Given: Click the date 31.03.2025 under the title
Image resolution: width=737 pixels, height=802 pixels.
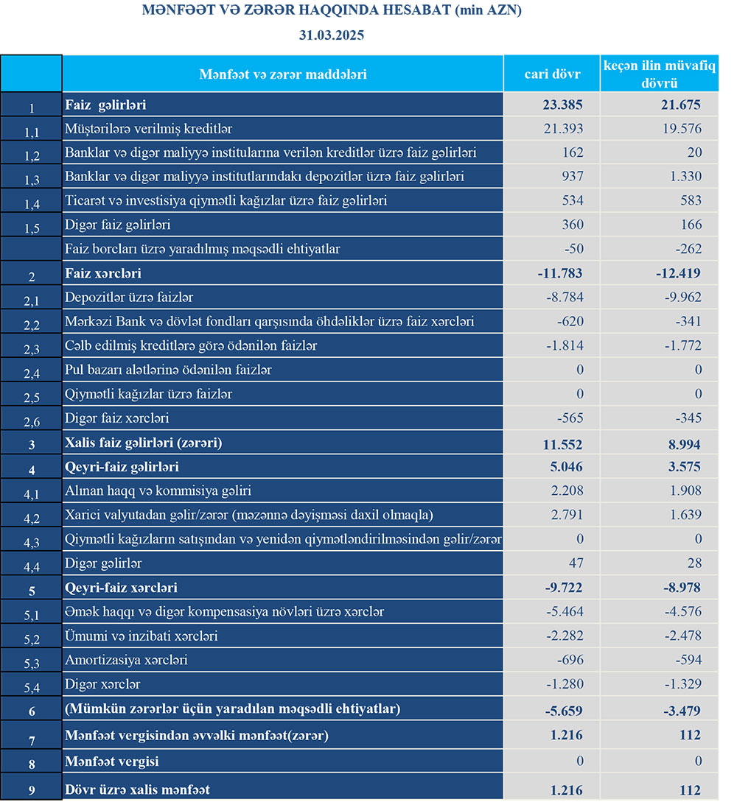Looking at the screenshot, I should pos(332,35).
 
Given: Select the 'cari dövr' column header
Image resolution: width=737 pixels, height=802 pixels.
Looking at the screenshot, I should pos(552,74).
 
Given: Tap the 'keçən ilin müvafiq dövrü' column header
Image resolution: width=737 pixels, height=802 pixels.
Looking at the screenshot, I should pos(660,74).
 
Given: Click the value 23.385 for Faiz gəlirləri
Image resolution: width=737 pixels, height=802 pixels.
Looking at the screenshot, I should pos(562,105).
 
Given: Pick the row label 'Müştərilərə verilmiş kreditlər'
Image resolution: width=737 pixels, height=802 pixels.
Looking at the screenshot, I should pos(149,129).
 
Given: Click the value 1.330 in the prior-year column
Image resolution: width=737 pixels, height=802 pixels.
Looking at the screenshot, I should pos(686,177).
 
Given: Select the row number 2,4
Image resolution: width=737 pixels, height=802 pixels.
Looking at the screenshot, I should pos(31,374).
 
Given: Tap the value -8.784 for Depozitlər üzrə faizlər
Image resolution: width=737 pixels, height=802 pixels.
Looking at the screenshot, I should pos(564,298).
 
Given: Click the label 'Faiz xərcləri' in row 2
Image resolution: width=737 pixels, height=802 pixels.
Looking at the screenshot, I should pos(103,274).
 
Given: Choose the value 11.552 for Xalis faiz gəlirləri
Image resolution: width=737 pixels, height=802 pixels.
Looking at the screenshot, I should pos(562,445).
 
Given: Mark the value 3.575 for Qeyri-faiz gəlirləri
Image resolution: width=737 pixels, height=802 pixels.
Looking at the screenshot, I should pos(682,467).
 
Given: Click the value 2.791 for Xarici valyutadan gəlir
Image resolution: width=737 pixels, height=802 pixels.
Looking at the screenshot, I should pos(567,515).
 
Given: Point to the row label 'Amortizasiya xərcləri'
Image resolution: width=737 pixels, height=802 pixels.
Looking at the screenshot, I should pos(126,660).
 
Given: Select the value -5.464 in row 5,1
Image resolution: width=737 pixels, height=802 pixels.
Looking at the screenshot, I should pos(564,612).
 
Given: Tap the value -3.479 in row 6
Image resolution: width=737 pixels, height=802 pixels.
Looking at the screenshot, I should pos(678,711).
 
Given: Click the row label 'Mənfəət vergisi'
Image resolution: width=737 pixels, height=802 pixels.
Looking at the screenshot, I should pos(112,761).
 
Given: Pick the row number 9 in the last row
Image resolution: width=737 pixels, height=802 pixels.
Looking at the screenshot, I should pos(31,791).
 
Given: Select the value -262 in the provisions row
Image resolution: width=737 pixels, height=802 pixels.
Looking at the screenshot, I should pos(687,249).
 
